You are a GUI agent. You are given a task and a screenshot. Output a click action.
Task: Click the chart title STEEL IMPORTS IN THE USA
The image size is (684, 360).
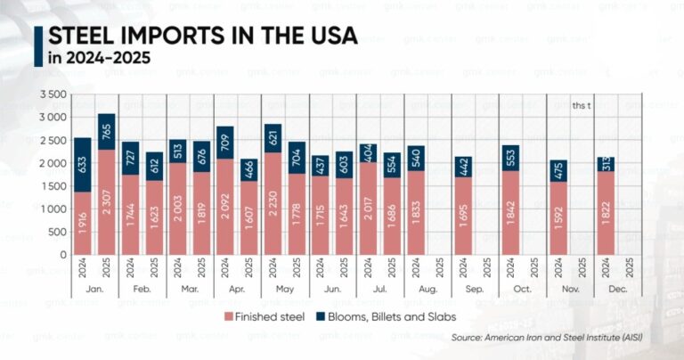202,36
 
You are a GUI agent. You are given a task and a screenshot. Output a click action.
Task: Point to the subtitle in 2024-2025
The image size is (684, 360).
99,59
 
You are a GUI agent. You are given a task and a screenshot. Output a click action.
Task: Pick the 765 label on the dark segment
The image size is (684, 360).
107,130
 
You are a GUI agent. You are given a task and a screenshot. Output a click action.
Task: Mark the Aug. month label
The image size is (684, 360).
428,290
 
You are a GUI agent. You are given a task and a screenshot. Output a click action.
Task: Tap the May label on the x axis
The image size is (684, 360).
284,290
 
